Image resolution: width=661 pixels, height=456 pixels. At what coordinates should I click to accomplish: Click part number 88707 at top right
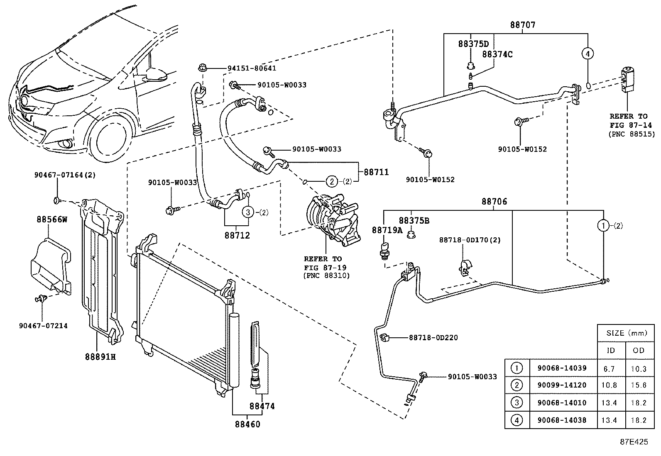point(523,25)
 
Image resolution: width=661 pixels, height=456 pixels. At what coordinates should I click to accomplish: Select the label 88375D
point(473,44)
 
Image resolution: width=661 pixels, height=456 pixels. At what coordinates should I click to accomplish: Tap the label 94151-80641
point(251,68)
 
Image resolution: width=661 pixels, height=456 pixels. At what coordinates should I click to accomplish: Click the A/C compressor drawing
point(332,218)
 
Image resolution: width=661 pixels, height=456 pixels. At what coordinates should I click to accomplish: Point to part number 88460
point(248,424)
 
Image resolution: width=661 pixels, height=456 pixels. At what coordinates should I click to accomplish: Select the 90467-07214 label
point(43,326)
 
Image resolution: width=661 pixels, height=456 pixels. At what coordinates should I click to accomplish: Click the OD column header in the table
point(639,350)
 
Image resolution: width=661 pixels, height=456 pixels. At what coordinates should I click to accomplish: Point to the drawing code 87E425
point(634,442)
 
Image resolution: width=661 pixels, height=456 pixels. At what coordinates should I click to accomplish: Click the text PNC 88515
point(632,134)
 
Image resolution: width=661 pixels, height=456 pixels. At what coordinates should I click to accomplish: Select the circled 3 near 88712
point(247,212)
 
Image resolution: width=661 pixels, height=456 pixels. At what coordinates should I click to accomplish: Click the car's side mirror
point(157,75)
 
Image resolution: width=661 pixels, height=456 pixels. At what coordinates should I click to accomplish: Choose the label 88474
point(262,406)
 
